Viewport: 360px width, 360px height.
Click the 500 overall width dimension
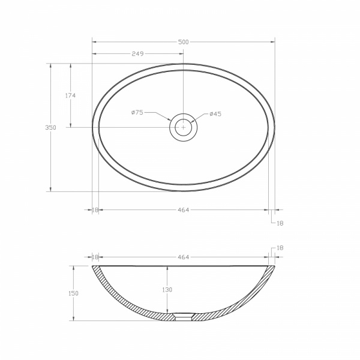[184, 42]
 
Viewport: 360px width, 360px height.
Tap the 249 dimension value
[137, 54]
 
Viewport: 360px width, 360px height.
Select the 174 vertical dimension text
[70, 95]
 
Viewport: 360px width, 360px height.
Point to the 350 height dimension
[50, 127]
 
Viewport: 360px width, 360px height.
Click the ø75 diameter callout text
[137, 112]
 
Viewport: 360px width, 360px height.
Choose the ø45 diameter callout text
[215, 114]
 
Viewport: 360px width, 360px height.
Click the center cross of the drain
[183, 127]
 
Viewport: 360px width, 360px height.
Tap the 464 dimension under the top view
[184, 210]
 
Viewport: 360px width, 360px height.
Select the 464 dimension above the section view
[184, 257]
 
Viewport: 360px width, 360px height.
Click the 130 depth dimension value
[167, 290]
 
